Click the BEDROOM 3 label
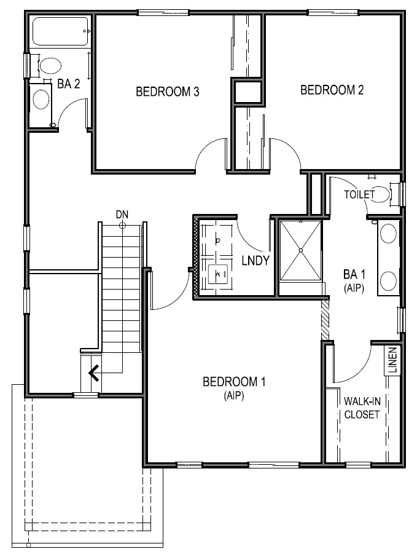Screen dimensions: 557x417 [166, 92]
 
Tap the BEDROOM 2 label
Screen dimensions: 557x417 [332, 90]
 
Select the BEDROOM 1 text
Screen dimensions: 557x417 [234, 382]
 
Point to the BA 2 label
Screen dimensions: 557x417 [69, 84]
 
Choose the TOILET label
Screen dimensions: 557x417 [359, 194]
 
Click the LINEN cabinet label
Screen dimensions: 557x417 [392, 361]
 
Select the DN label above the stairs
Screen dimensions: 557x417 [122, 214]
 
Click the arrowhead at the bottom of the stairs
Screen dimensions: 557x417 [94, 373]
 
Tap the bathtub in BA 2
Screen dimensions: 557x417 [60, 31]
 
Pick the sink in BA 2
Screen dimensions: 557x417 [41, 99]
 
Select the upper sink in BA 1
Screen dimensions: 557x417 [388, 234]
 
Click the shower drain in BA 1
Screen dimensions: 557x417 [301, 250]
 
